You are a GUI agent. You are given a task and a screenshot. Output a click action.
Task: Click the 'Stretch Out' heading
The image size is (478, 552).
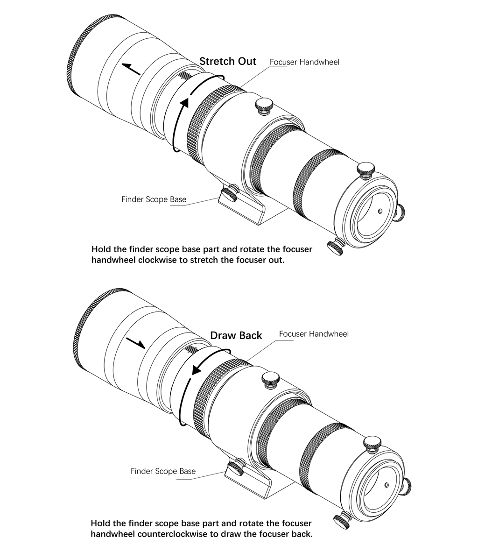point(228,61)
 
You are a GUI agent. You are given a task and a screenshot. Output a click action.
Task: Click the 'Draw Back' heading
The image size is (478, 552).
point(236,335)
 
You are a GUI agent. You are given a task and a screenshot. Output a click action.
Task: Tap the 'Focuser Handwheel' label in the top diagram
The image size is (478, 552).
point(304,62)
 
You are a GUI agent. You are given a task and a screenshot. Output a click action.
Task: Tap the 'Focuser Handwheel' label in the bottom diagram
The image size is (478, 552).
point(314,334)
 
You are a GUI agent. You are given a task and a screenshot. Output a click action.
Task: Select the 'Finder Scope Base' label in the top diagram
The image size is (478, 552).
point(154,199)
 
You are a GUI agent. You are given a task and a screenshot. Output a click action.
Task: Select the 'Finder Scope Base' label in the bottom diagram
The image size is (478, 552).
point(163,471)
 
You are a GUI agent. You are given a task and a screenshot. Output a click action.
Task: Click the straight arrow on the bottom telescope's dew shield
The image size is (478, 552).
point(135,342)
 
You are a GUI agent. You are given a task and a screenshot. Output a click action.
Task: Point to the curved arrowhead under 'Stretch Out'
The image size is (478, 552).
point(184,103)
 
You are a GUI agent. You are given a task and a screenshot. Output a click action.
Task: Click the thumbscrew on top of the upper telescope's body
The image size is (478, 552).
point(264,106)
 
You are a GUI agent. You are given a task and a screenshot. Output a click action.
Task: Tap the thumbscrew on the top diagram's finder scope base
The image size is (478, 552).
point(230,192)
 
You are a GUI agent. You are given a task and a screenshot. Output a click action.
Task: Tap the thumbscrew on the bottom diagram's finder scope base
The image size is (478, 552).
point(237,466)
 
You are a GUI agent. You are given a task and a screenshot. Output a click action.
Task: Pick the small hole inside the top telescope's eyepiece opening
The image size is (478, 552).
point(380,211)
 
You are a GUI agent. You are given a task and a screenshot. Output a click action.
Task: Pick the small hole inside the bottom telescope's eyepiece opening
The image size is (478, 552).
point(387,485)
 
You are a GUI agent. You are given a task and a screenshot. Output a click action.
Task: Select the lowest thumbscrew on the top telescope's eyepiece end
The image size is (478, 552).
point(335,246)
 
